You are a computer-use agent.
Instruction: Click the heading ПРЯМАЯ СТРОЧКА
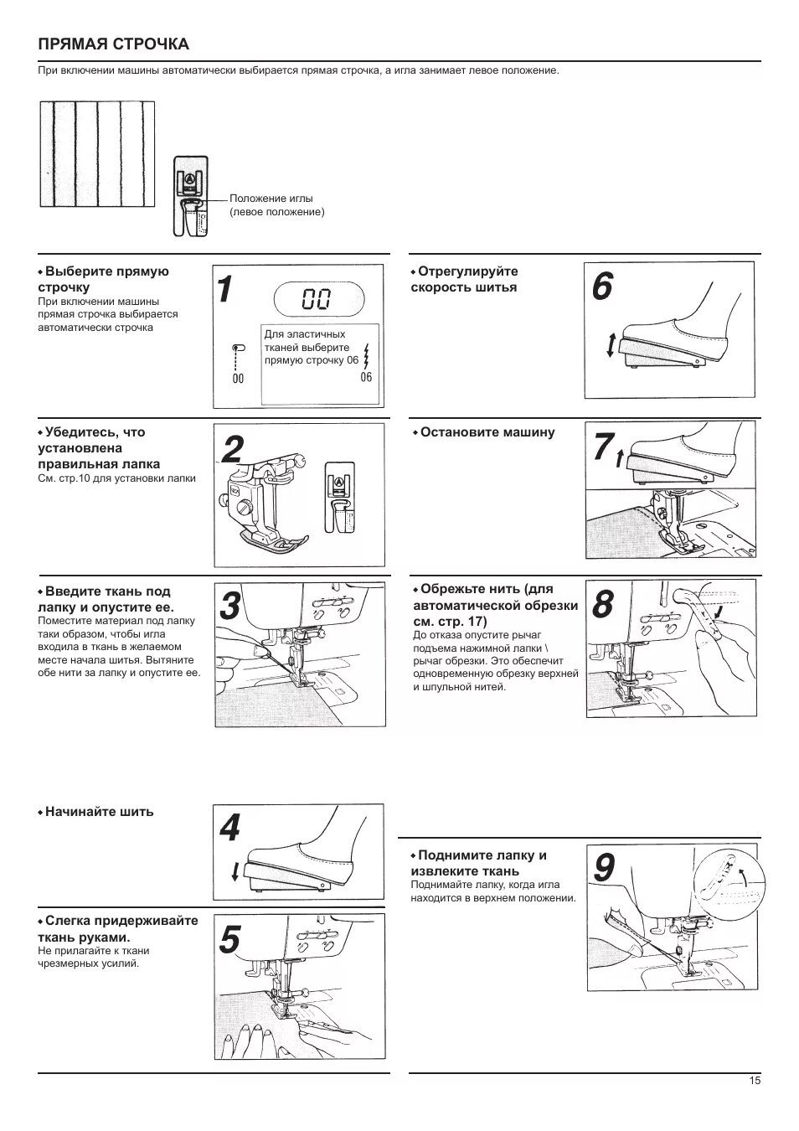coord(113,44)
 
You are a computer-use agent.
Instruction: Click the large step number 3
coord(230,606)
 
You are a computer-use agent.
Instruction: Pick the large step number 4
coord(229,829)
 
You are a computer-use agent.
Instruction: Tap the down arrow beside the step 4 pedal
coord(235,872)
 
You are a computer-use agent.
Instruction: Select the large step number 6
coord(602,287)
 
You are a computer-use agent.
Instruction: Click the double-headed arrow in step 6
coord(611,345)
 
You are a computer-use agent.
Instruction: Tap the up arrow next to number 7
coord(619,458)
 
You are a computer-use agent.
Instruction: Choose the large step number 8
coord(603,603)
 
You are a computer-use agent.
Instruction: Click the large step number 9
coord(604,868)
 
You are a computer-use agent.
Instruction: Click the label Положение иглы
coord(271,199)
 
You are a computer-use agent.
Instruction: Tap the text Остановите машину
coord(487,432)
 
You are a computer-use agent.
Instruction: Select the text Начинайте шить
coord(99,812)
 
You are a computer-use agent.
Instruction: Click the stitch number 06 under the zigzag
coord(366,378)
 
